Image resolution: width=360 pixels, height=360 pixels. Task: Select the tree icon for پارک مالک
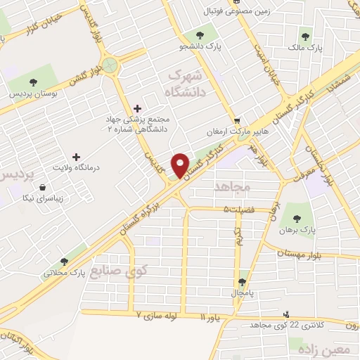click(x=305, y=36)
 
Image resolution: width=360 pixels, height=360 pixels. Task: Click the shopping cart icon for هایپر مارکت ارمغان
click(x=237, y=120)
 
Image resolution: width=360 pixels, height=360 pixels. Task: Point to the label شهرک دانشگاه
click(x=185, y=83)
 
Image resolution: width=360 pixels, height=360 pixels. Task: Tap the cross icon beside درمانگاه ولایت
click(x=77, y=156)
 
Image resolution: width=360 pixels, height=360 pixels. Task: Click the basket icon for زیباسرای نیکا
click(x=44, y=188)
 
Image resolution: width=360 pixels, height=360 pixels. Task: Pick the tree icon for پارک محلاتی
click(x=64, y=261)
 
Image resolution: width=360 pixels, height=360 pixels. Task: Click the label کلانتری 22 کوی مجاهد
click(x=321, y=323)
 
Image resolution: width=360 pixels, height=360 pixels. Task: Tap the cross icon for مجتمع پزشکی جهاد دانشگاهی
click(x=136, y=108)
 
